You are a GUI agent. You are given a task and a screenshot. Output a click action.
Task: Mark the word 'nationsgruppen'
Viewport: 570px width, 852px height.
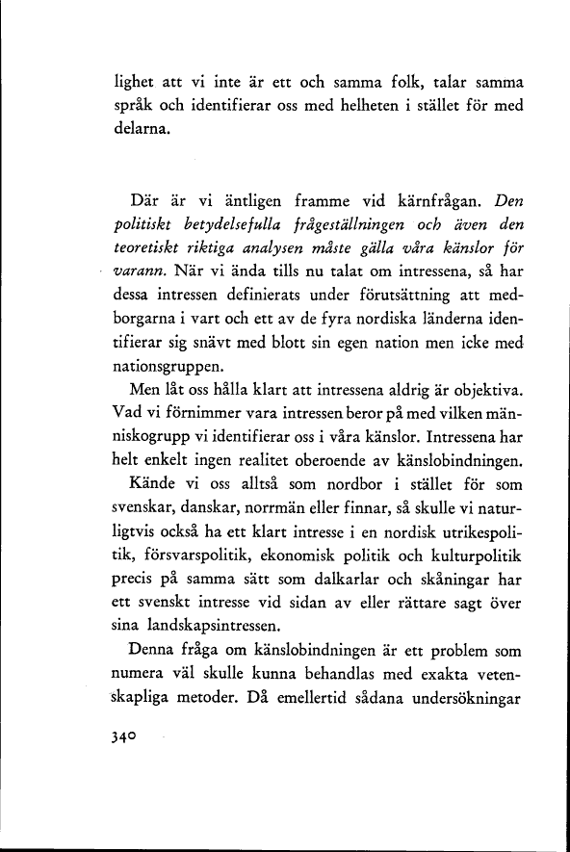click(168, 367)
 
